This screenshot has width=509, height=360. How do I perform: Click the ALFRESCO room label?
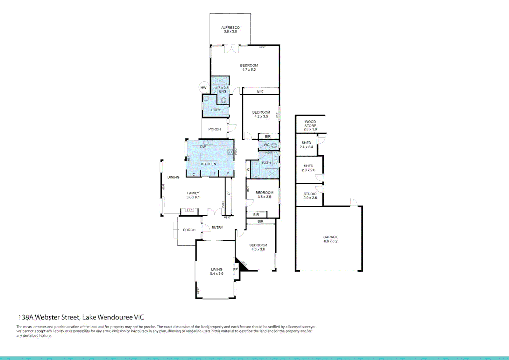click(x=230, y=28)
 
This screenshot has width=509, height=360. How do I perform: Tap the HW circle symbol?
click(x=204, y=88)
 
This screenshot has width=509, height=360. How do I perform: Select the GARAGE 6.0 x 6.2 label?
click(x=330, y=239)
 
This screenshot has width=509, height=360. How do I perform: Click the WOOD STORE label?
click(x=310, y=124)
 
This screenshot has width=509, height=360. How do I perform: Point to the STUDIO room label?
click(x=310, y=194)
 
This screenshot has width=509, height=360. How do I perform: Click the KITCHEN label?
click(x=209, y=164)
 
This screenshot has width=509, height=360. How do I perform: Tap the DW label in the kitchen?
click(x=203, y=147)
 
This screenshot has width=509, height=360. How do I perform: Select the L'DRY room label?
click(x=216, y=110)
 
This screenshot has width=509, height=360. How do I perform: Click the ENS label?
click(x=223, y=92)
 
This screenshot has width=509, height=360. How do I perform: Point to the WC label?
click(x=266, y=145)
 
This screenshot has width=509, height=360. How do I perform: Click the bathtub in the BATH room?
click(x=255, y=169)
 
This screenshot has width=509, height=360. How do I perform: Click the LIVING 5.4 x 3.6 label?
click(x=217, y=271)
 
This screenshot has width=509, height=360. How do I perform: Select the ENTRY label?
click(x=217, y=228)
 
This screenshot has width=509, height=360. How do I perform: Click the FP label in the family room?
click(x=189, y=210)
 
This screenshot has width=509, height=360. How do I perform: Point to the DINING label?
click(x=173, y=177)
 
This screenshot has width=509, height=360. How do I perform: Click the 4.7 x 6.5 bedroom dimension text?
click(x=249, y=70)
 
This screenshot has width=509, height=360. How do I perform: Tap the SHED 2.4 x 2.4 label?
click(x=306, y=145)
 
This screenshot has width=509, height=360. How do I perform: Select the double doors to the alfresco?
click(x=231, y=49)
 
